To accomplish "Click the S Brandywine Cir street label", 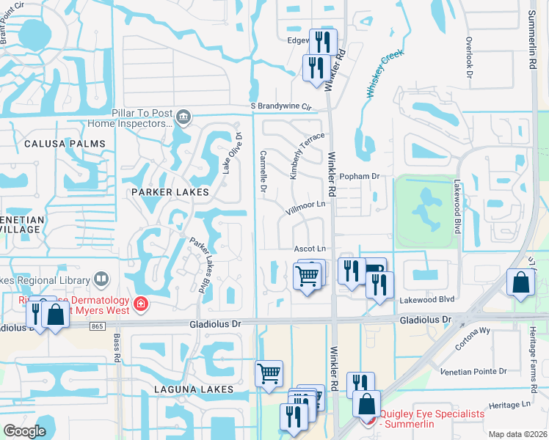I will tap(280, 107).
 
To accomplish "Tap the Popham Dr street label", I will tap(359, 177).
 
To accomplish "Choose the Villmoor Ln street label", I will tap(305, 205).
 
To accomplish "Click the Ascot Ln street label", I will tap(309, 249).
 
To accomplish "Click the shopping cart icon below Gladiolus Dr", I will tap(269, 373).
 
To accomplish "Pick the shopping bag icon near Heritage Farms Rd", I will tap(520, 282).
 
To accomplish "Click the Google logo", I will tap(24, 431).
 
